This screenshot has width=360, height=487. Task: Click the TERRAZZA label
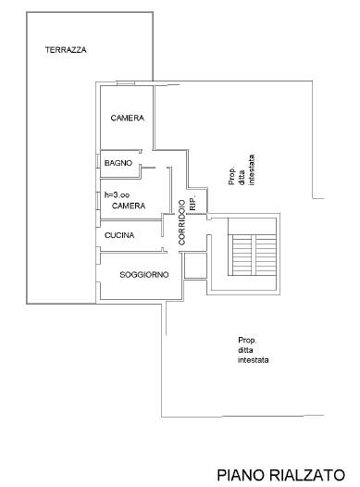tap(66, 50)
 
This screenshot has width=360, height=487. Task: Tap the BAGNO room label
tap(118, 163)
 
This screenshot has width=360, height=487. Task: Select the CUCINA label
tap(119, 235)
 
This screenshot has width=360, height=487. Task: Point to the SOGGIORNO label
tap(144, 275)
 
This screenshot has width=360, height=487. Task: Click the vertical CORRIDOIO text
tap(182, 222)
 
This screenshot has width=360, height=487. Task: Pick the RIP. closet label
tap(192, 204)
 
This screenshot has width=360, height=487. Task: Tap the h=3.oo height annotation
tap(117, 195)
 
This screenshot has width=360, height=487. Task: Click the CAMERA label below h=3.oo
tap(129, 206)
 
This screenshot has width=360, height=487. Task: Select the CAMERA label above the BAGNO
tap(128, 118)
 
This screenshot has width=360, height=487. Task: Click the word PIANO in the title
tap(241, 475)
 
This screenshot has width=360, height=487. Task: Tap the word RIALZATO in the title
tap(307, 475)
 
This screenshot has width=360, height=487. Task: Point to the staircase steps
tap(252, 255)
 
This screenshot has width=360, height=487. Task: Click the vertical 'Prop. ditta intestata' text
tap(242, 169)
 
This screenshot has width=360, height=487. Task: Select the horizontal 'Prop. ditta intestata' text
tap(254, 350)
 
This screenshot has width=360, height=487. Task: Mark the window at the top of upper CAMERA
tap(126, 83)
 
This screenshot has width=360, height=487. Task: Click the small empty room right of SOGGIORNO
tap(195, 266)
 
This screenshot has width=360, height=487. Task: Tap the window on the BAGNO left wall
tap(98, 161)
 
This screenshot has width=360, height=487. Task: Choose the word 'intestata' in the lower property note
tap(254, 360)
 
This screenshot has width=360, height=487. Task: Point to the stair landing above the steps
tap(252, 226)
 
